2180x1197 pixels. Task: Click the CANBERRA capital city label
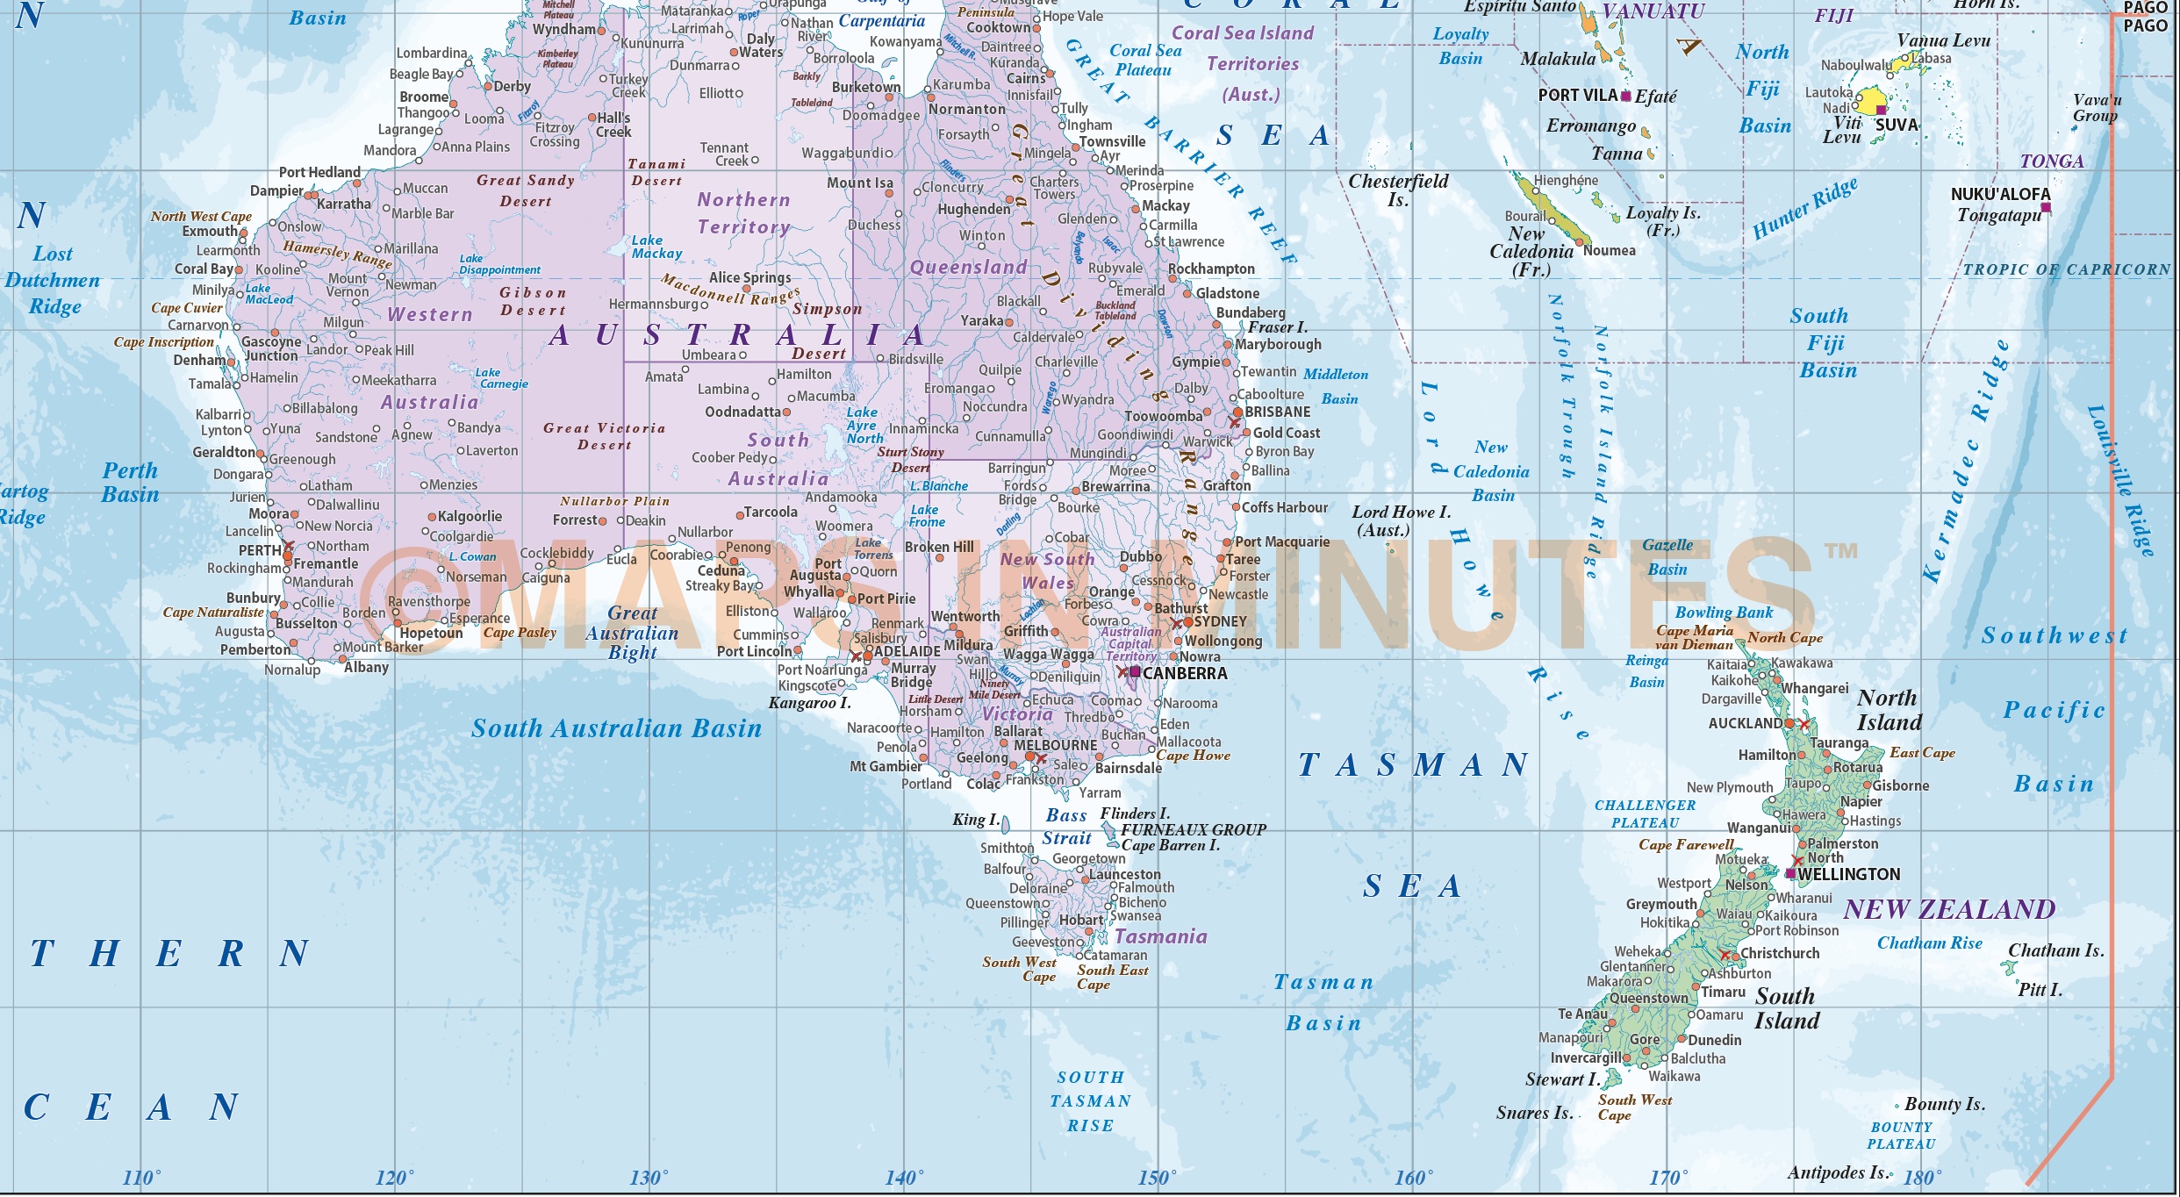click(1184, 673)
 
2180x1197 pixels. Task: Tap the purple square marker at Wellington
click(1790, 873)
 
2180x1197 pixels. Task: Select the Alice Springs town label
click(749, 277)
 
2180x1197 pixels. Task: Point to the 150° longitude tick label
click(1157, 1178)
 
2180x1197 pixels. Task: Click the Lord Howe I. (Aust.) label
click(1400, 520)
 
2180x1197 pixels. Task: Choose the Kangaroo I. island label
click(809, 703)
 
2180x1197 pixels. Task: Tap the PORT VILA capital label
click(1577, 95)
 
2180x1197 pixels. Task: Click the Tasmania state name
click(1160, 936)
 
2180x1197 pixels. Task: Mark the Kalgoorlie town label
click(470, 516)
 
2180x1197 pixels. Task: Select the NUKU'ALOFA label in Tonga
click(2000, 194)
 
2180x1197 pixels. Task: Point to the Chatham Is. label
click(2055, 950)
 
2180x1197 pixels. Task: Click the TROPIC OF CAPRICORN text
click(2066, 269)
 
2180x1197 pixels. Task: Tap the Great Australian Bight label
click(632, 633)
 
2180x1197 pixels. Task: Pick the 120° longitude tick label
click(394, 1178)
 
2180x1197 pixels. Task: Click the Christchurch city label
click(1780, 953)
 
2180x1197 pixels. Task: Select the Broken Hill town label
click(939, 547)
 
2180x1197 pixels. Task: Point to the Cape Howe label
click(1193, 755)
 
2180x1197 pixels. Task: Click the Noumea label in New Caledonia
click(1609, 250)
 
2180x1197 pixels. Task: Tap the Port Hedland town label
click(319, 172)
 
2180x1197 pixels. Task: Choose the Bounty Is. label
click(1944, 1105)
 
